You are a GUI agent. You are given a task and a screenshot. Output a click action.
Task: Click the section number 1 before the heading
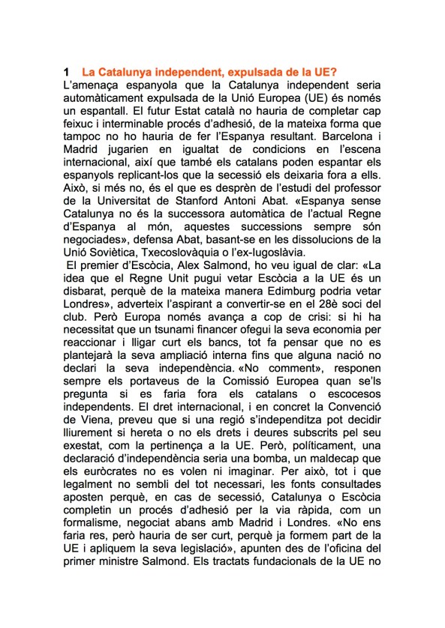click(x=68, y=73)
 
